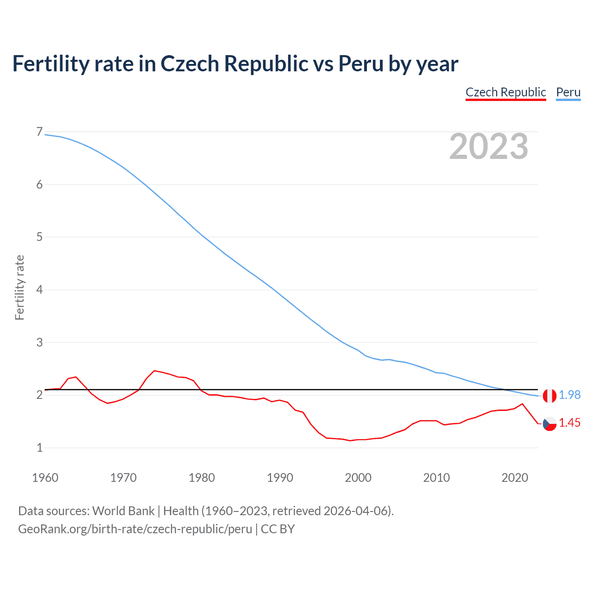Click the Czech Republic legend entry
coord(505,92)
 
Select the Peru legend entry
coord(568,92)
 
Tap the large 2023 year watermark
coord(488,146)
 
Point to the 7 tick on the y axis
coord(39,132)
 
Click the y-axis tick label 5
coord(39,237)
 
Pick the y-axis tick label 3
coord(39,342)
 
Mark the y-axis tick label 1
coord(39,448)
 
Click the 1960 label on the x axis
coord(45,478)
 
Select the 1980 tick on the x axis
coord(202,478)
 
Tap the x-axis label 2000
coord(358,478)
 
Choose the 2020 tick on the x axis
coord(515,478)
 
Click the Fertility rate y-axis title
coord(19,287)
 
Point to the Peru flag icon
coord(549,396)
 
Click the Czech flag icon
coord(549,423)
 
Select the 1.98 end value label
coord(569,395)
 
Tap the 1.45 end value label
coord(569,423)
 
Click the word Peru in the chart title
coord(361,63)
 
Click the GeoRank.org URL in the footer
coord(135,529)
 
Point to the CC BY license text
coord(278,529)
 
